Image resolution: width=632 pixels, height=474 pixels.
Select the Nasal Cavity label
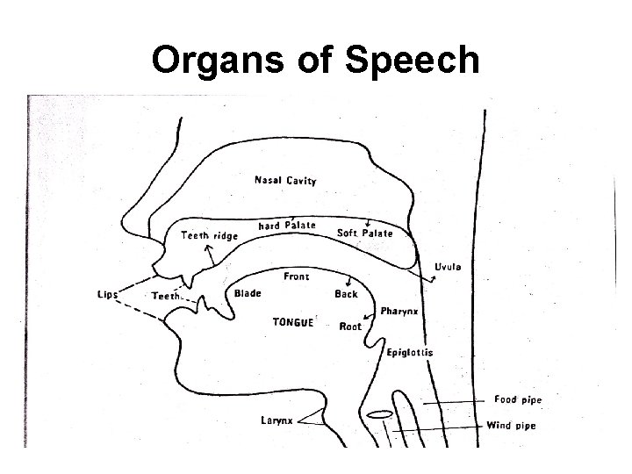(x=285, y=181)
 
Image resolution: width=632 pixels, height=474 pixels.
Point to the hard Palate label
(x=287, y=226)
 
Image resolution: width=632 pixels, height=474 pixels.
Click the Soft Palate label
(x=364, y=233)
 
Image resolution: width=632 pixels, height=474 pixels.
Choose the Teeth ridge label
(x=209, y=234)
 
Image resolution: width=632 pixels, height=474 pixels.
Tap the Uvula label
(x=449, y=267)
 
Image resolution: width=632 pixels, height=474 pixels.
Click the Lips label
(x=107, y=294)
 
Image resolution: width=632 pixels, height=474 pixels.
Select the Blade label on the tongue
(x=248, y=293)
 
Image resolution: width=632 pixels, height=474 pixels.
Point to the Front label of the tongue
(x=296, y=276)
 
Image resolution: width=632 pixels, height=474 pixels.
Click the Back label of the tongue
(x=346, y=294)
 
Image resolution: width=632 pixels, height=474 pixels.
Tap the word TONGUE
(x=292, y=322)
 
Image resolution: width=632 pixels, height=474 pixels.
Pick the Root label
(x=350, y=327)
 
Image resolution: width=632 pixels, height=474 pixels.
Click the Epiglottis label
(x=410, y=353)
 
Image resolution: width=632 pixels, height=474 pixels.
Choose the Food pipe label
(x=517, y=400)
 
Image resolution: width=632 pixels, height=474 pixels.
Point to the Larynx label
(x=276, y=420)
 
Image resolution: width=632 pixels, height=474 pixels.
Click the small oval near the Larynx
(x=379, y=414)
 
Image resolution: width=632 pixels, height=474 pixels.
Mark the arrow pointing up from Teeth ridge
(x=209, y=255)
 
